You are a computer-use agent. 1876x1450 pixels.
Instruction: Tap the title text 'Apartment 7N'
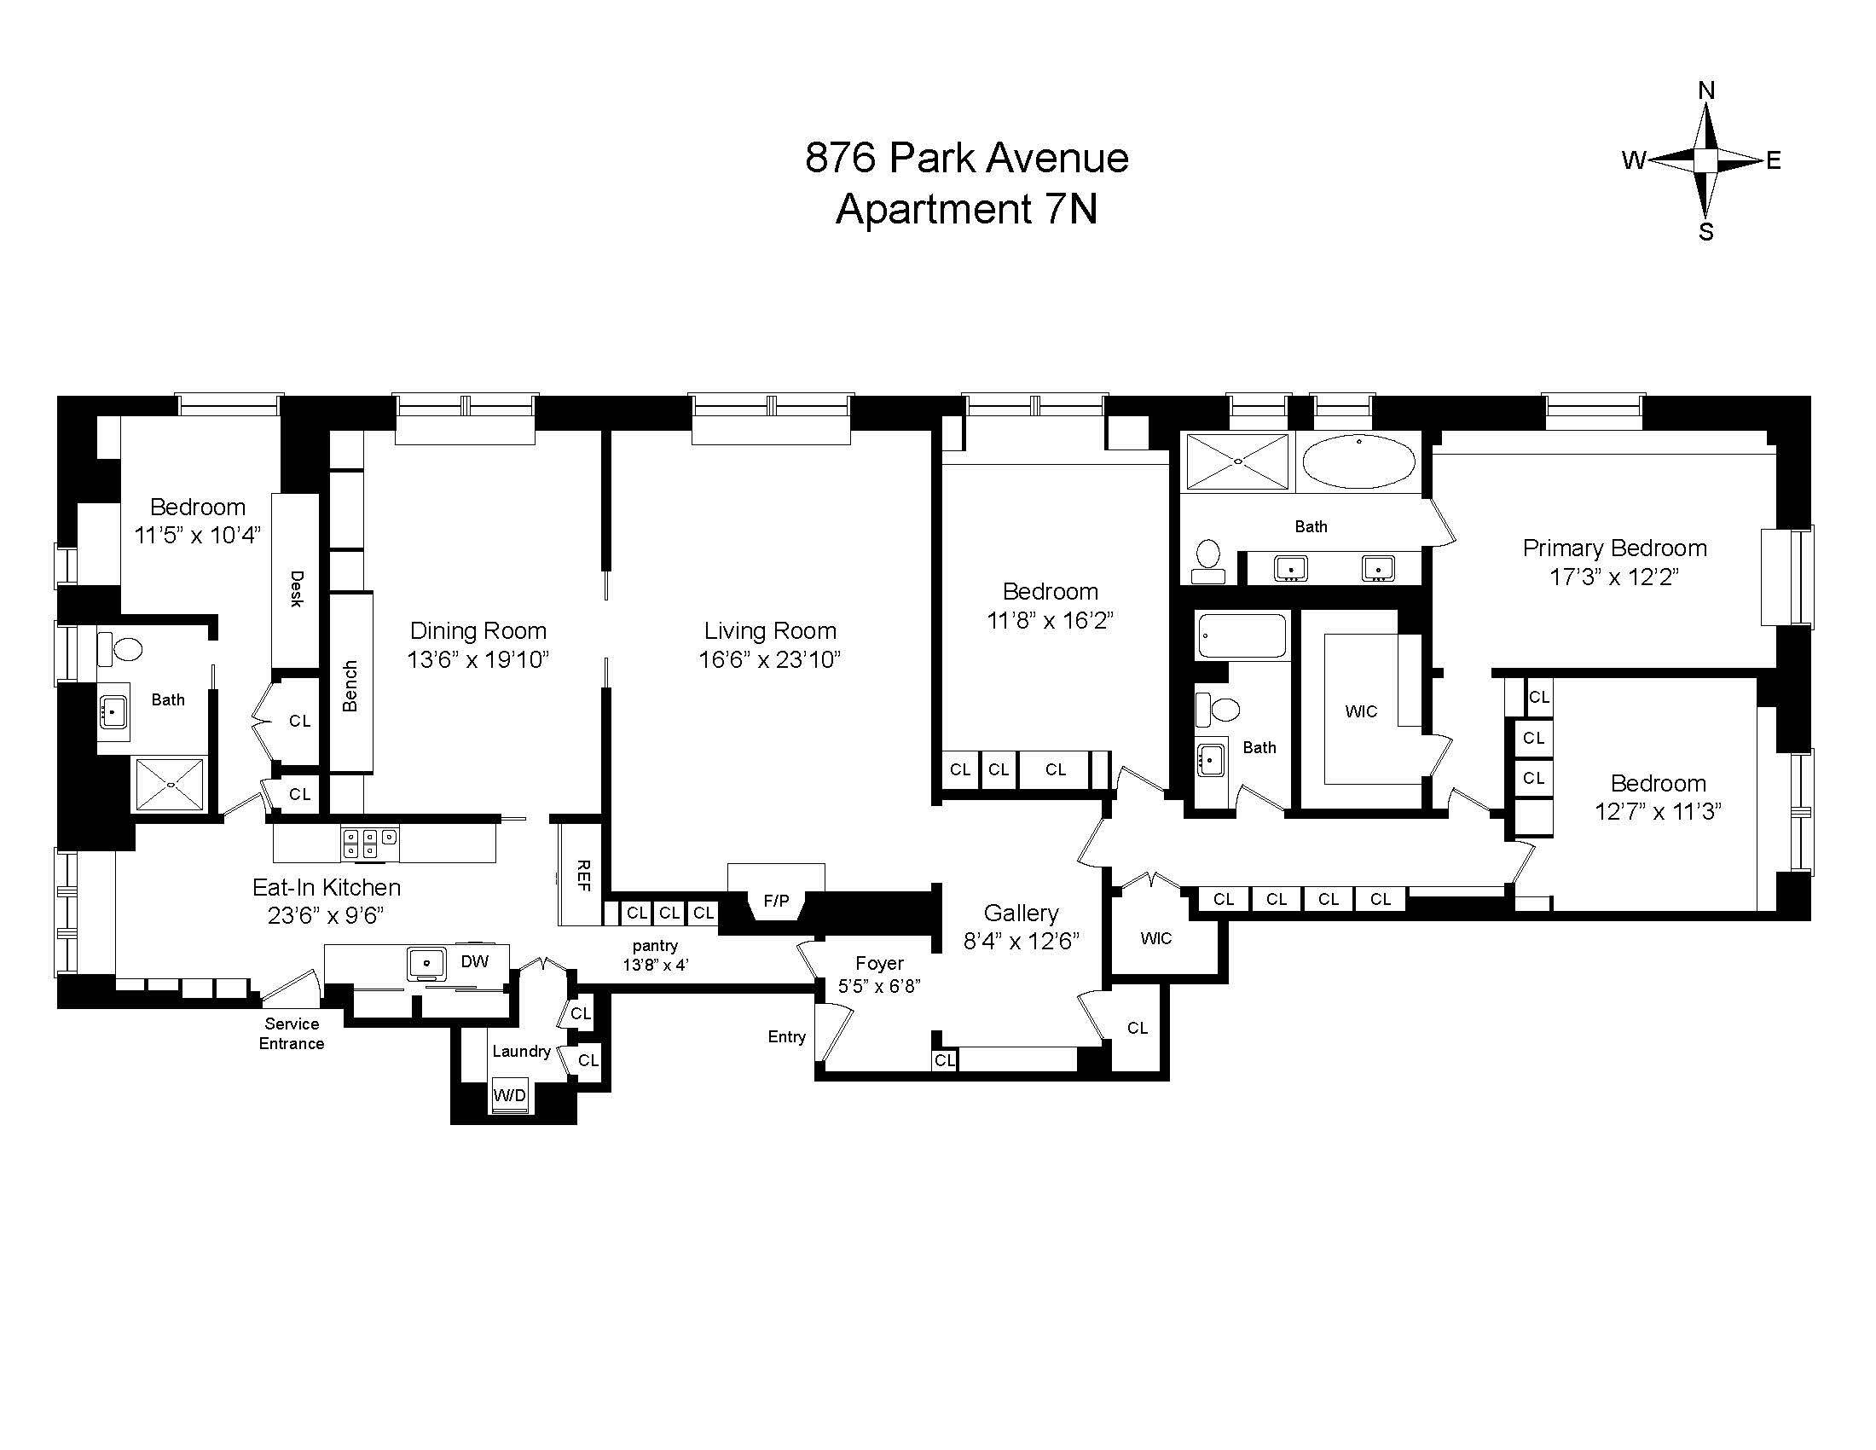pos(966,209)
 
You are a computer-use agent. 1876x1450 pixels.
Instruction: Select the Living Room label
pos(770,630)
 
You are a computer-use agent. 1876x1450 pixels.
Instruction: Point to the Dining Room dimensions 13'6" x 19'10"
pos(478,659)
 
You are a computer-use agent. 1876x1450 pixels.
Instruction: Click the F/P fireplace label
pos(776,900)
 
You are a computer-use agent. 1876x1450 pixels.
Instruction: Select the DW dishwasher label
pos(474,961)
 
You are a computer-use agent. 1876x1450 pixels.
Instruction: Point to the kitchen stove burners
pos(369,843)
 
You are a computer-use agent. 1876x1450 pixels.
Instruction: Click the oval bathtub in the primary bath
pos(1359,461)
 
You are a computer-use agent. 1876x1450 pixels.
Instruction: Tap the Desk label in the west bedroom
pos(297,589)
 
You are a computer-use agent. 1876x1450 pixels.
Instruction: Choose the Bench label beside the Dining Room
pos(350,686)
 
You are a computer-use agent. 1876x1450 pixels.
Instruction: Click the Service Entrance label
pos(292,1034)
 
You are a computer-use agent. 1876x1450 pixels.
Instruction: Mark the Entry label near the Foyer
pos(787,1037)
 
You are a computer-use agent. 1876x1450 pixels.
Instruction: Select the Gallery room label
pos(1021,913)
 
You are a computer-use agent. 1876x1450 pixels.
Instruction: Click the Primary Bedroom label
pos(1615,548)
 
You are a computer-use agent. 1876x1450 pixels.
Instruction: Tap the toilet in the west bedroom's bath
pos(119,648)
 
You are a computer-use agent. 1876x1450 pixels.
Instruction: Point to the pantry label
pos(656,946)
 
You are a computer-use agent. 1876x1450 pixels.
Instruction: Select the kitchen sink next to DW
pos(426,964)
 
